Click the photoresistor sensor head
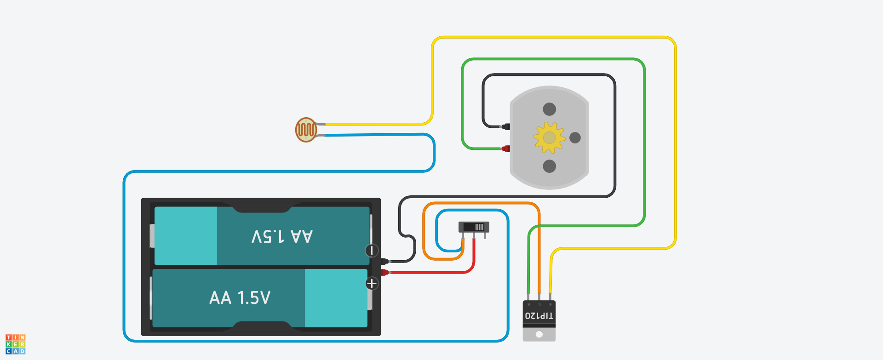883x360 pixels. (x=306, y=130)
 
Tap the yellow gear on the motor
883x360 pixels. (x=549, y=137)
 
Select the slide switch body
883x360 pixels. (x=474, y=227)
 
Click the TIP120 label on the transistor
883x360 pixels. (x=539, y=316)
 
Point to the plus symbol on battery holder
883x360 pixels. (x=372, y=284)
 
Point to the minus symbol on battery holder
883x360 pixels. (x=372, y=251)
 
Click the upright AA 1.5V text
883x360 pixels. (x=240, y=298)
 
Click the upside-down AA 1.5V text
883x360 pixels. (x=282, y=236)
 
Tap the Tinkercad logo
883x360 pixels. (x=15, y=344)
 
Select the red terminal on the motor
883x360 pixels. (x=506, y=149)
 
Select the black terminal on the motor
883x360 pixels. (x=506, y=126)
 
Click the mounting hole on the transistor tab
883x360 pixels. (x=539, y=334)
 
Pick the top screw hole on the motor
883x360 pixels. (x=549, y=109)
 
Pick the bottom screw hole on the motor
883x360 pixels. (x=549, y=166)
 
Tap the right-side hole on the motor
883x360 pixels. (x=575, y=137)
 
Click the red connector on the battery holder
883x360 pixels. (x=384, y=273)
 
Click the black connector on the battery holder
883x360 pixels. (x=384, y=262)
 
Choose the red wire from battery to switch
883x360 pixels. (x=432, y=273)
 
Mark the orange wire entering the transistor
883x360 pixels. (x=539, y=257)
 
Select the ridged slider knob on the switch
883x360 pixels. (x=479, y=227)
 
